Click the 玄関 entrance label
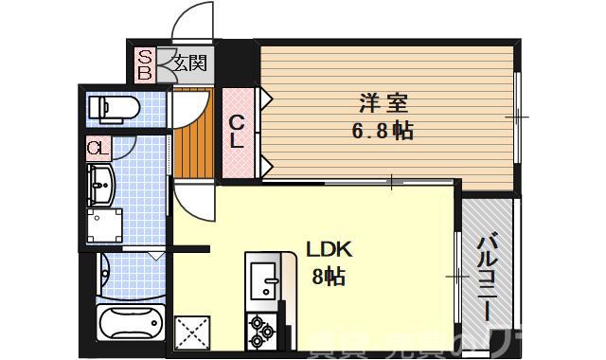pyautogui.click(x=189, y=64)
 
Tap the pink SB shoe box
pyautogui.click(x=146, y=63)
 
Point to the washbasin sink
pyautogui.click(x=99, y=185)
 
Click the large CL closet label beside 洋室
pyautogui.click(x=238, y=132)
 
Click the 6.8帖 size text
pyautogui.click(x=383, y=131)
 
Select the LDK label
pyautogui.click(x=329, y=250)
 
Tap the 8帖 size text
pyautogui.click(x=329, y=277)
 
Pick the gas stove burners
pyautogui.click(x=261, y=332)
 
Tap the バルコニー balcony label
pyautogui.click(x=487, y=271)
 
